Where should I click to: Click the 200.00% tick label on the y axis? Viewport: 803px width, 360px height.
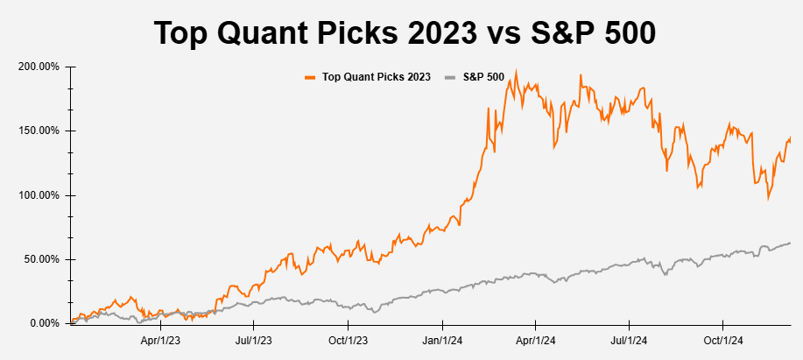click(x=38, y=67)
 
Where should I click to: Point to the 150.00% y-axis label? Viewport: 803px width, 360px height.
click(x=38, y=131)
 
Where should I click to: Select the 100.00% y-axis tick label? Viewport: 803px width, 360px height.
click(x=38, y=195)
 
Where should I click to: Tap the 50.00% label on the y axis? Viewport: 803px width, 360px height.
click(x=40, y=259)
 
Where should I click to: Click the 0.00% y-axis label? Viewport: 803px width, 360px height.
click(x=43, y=323)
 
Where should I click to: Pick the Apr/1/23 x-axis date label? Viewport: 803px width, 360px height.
click(x=160, y=339)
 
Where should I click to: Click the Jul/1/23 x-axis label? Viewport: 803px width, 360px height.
click(x=254, y=339)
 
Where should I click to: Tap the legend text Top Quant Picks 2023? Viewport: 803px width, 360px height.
click(x=377, y=77)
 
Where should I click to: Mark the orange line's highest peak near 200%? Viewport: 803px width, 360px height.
click(x=516, y=72)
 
